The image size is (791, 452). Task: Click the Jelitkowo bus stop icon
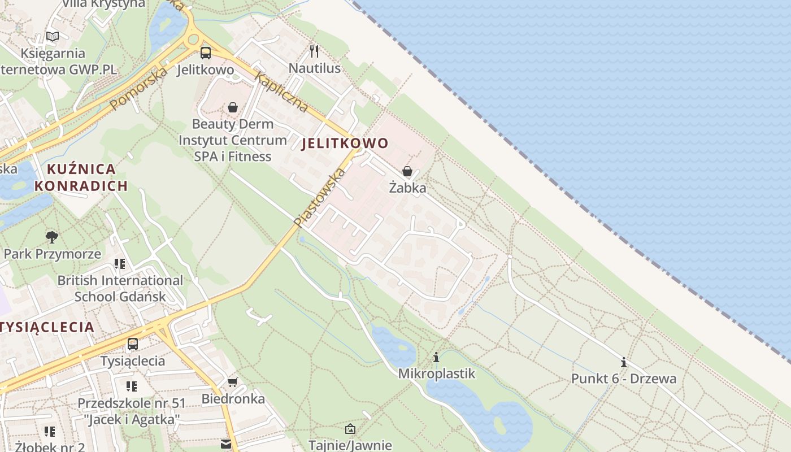pyautogui.click(x=206, y=53)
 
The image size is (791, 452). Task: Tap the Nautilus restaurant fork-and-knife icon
pyautogui.click(x=315, y=51)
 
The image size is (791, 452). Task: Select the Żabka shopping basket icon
pyautogui.click(x=407, y=171)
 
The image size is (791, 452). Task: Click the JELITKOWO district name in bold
pyautogui.click(x=345, y=144)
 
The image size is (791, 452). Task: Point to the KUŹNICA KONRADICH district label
pyautogui.click(x=81, y=177)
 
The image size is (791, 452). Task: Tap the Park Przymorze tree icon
pyautogui.click(x=52, y=236)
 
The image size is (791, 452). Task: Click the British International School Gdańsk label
pyautogui.click(x=120, y=288)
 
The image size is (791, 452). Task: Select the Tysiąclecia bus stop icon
pyautogui.click(x=133, y=344)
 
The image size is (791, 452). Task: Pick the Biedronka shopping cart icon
pyautogui.click(x=232, y=383)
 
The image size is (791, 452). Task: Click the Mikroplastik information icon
pyautogui.click(x=436, y=358)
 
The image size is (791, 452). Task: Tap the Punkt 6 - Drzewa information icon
pyautogui.click(x=624, y=362)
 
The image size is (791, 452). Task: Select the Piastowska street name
pyautogui.click(x=320, y=198)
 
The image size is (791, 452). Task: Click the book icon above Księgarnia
pyautogui.click(x=53, y=37)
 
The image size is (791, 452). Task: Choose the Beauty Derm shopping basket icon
pyautogui.click(x=233, y=107)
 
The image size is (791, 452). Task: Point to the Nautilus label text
pyautogui.click(x=315, y=68)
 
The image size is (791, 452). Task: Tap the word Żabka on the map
pyautogui.click(x=407, y=188)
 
